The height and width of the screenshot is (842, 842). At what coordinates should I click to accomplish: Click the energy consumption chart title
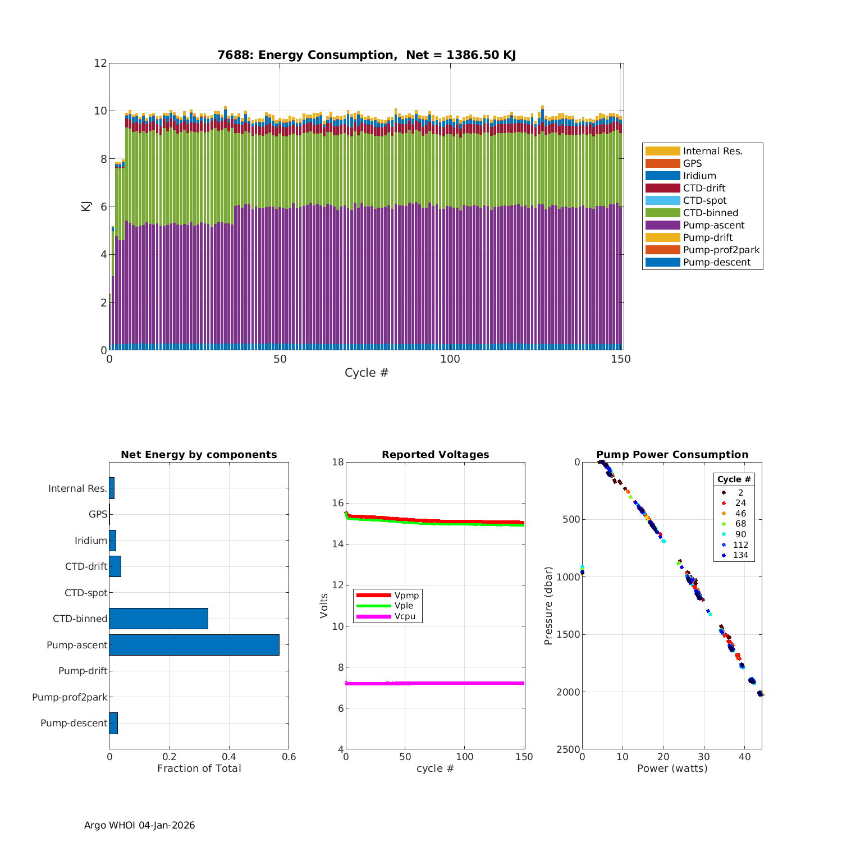click(367, 55)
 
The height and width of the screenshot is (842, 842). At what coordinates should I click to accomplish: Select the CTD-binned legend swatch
click(662, 213)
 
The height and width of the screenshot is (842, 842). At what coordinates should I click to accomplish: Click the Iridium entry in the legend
click(699, 176)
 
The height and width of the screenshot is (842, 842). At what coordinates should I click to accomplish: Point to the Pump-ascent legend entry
click(713, 225)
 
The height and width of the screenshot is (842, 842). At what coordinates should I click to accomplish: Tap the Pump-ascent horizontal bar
click(194, 645)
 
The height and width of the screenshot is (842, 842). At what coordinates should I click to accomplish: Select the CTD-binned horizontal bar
click(158, 619)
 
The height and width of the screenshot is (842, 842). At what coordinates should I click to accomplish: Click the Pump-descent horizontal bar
click(113, 723)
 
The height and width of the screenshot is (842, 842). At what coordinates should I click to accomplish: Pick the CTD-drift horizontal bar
click(115, 566)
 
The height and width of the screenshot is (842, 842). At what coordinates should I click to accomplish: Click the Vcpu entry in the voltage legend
click(405, 616)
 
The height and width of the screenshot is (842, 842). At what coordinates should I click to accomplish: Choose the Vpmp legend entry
click(406, 595)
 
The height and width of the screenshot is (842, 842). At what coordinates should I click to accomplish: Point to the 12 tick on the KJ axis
click(100, 63)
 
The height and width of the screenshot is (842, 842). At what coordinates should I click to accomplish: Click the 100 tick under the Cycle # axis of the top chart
click(450, 359)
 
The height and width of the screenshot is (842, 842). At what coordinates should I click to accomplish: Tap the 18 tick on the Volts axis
click(337, 462)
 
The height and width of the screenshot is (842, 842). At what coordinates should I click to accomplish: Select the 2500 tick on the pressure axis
click(569, 749)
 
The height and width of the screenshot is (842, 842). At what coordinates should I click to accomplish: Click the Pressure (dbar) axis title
click(548, 606)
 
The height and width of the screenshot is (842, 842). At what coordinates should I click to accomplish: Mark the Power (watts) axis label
click(672, 768)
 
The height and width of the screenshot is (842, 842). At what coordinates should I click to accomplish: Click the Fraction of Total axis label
click(199, 768)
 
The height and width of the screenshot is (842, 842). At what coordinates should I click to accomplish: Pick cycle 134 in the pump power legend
click(740, 555)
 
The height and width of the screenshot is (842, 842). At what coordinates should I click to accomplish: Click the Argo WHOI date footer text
click(140, 825)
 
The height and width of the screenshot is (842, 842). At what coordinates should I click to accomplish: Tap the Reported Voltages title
click(435, 455)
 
